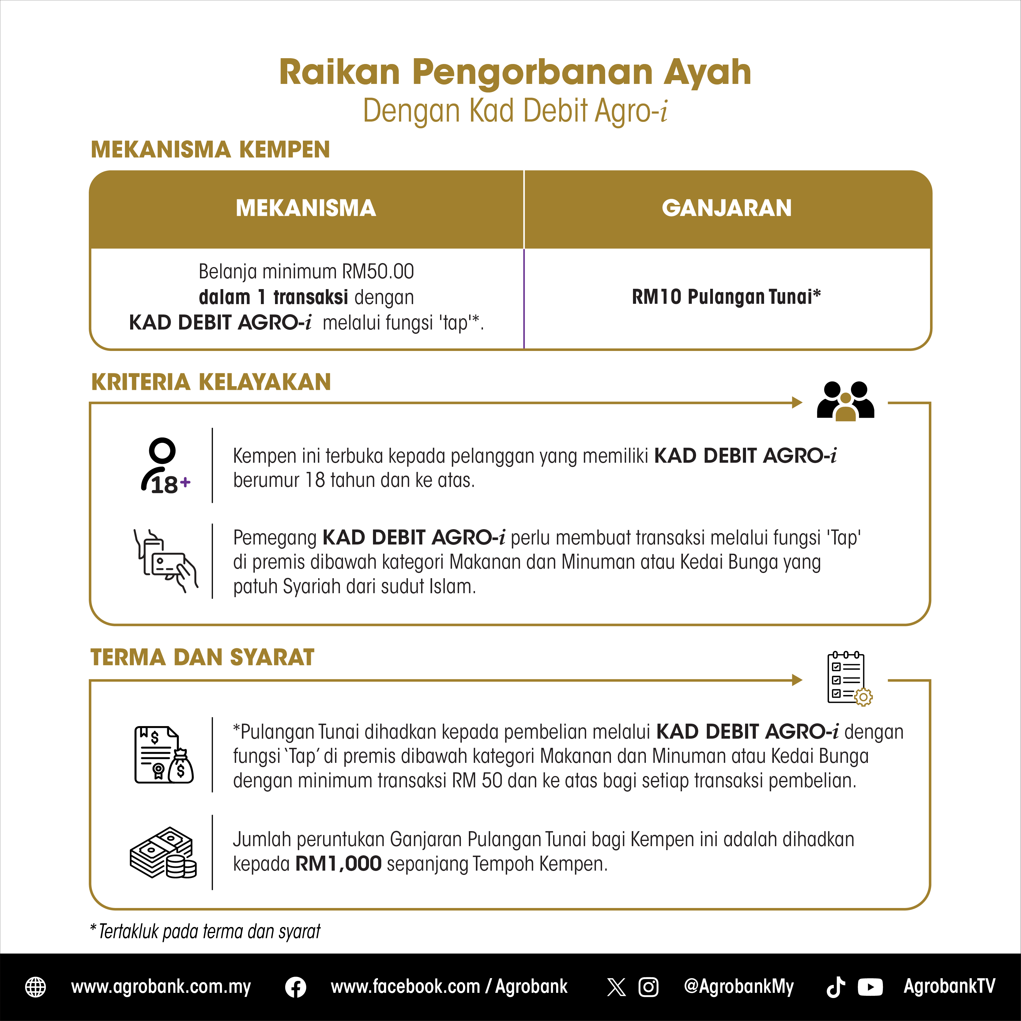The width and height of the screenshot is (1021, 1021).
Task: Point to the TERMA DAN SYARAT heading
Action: (202, 657)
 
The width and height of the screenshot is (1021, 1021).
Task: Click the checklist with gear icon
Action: (849, 679)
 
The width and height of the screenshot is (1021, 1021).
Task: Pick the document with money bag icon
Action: (164, 755)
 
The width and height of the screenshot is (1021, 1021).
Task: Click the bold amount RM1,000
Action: (338, 864)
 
